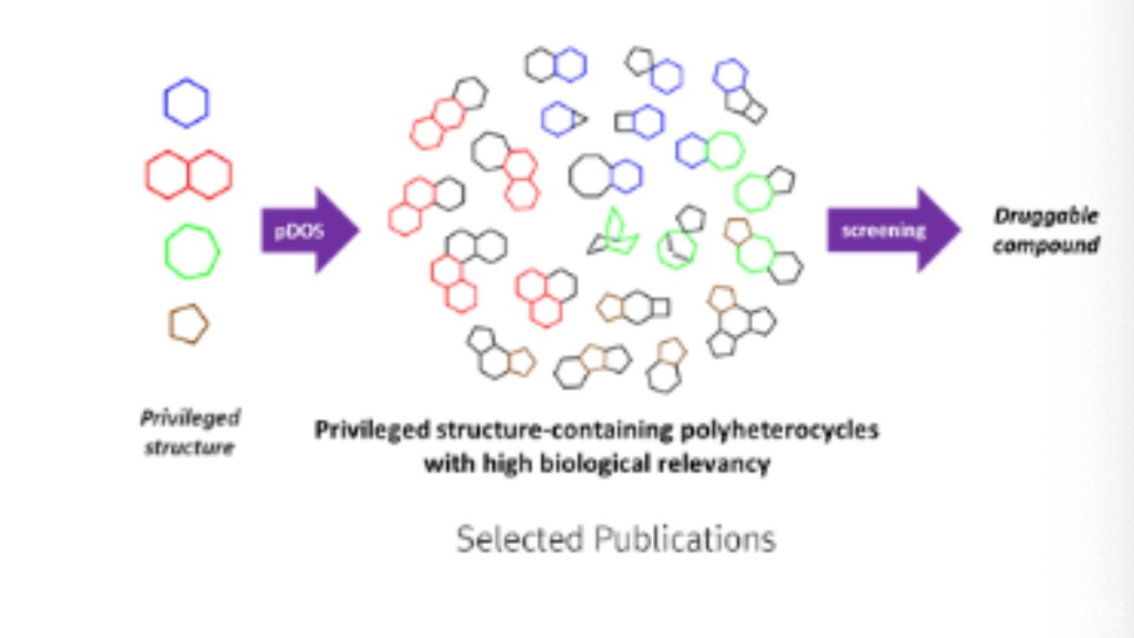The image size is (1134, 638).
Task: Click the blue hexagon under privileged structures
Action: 186,103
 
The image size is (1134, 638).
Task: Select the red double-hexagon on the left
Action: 189,175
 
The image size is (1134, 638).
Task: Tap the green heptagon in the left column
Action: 192,252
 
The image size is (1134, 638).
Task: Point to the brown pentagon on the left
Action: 188,324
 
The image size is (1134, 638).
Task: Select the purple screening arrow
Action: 891,230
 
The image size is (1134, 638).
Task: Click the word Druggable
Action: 1045,216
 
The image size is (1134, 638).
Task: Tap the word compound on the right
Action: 1045,245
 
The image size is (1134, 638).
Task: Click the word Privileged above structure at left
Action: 190,417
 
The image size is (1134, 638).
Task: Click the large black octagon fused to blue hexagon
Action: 591,175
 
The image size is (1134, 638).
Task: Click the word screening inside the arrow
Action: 882,230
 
